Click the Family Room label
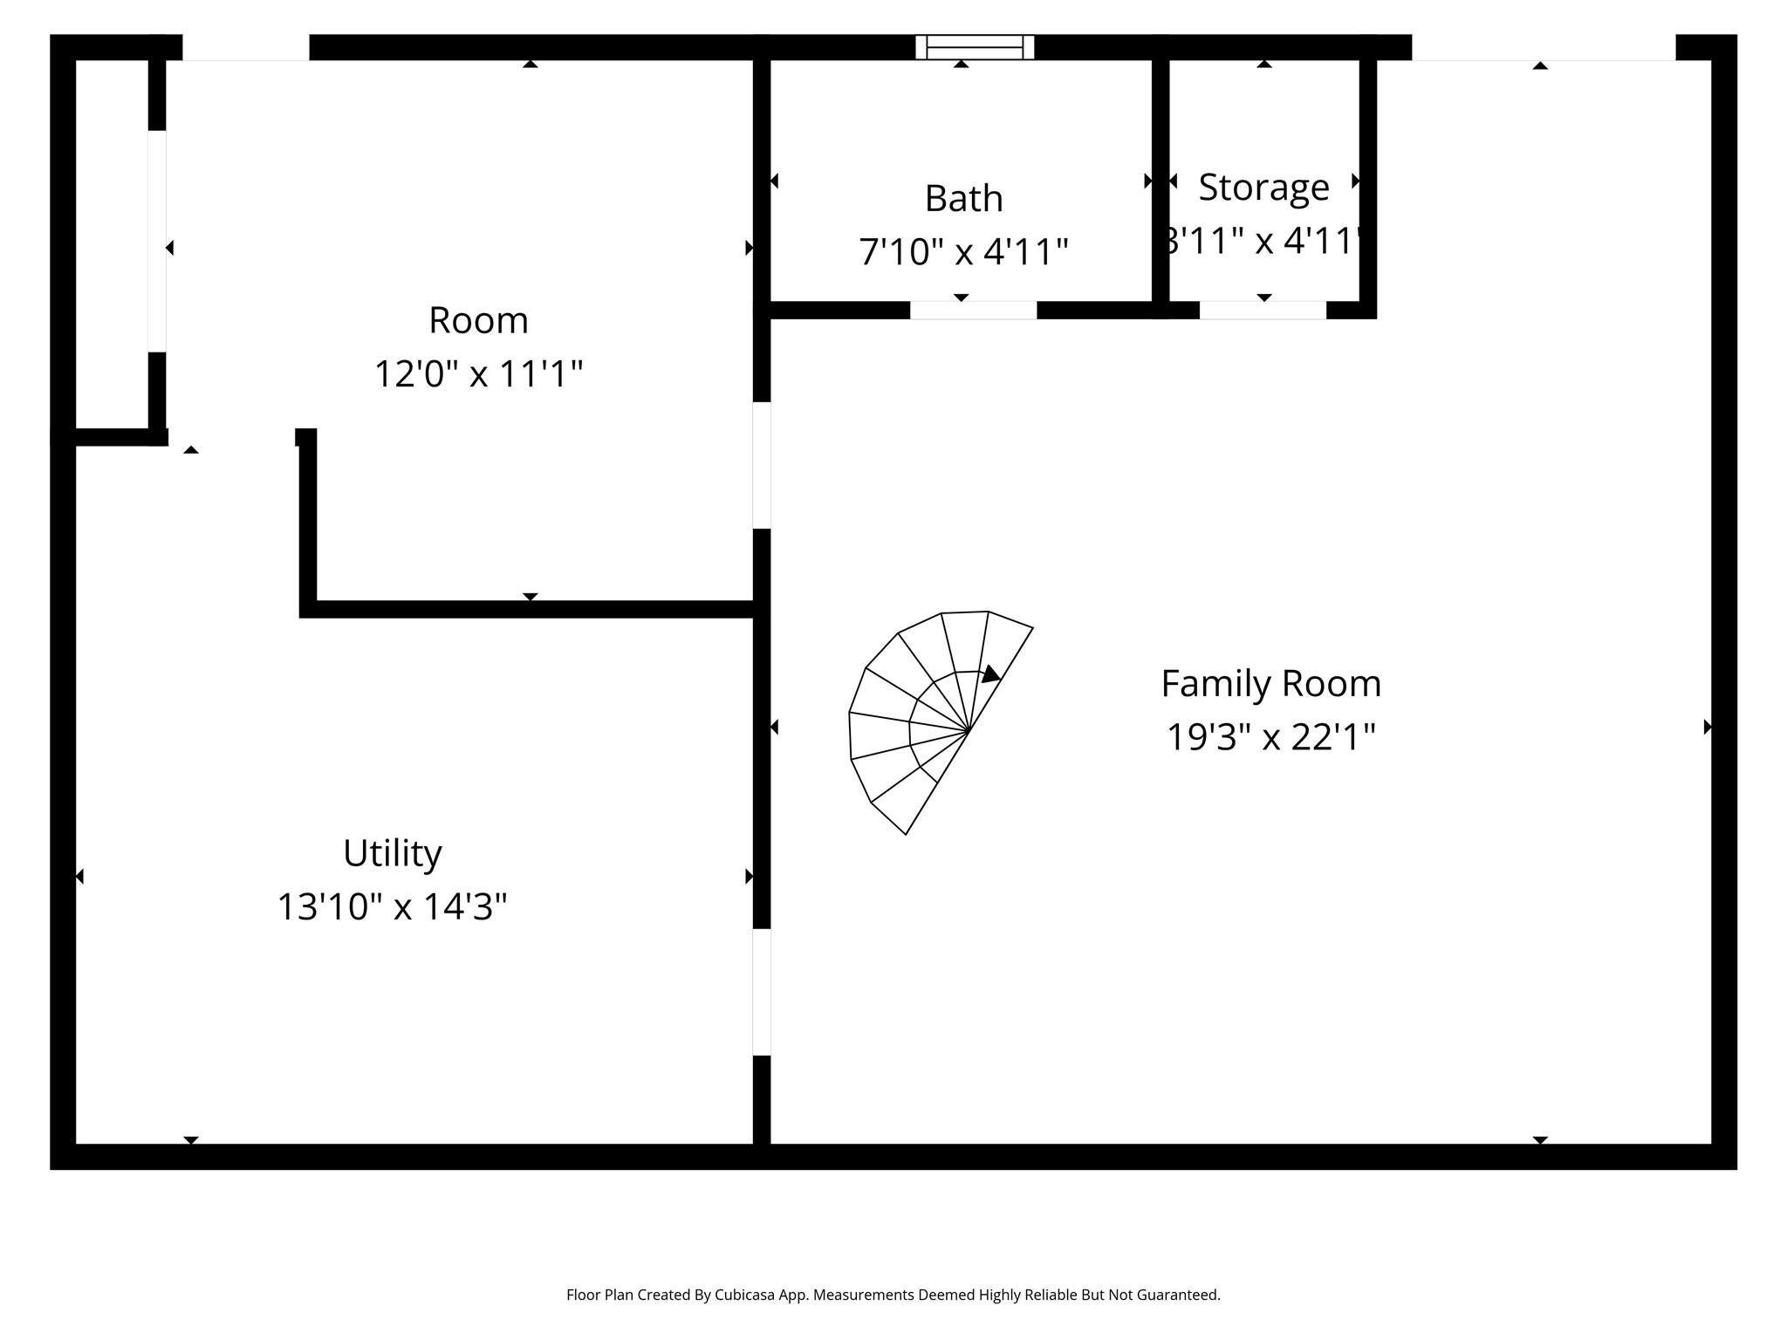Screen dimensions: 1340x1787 [x=1270, y=683]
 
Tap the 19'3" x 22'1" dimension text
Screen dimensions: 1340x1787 [x=1270, y=737]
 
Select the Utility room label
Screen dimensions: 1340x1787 [x=392, y=853]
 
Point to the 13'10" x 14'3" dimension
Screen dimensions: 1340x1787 [x=392, y=906]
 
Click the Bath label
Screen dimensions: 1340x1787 [x=963, y=199]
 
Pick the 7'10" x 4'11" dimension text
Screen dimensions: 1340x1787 [x=963, y=252]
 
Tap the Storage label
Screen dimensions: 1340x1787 [x=1263, y=187]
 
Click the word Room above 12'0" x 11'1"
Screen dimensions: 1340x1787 [x=478, y=320]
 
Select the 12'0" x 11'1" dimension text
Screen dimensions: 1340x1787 [x=478, y=374]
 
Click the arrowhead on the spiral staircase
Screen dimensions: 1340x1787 [x=990, y=674]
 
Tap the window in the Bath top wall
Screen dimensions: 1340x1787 [x=975, y=47]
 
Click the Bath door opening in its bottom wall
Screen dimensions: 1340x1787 [x=974, y=310]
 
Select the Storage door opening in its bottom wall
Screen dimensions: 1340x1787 [x=1263, y=310]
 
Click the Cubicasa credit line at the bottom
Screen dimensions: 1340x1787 [x=893, y=1296]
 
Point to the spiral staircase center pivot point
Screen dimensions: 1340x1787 [x=969, y=730]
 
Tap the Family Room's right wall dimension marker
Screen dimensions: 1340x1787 [x=1707, y=727]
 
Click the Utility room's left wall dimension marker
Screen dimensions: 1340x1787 [x=80, y=876]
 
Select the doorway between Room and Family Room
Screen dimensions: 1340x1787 [x=762, y=465]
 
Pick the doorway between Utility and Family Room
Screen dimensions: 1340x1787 [x=762, y=992]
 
